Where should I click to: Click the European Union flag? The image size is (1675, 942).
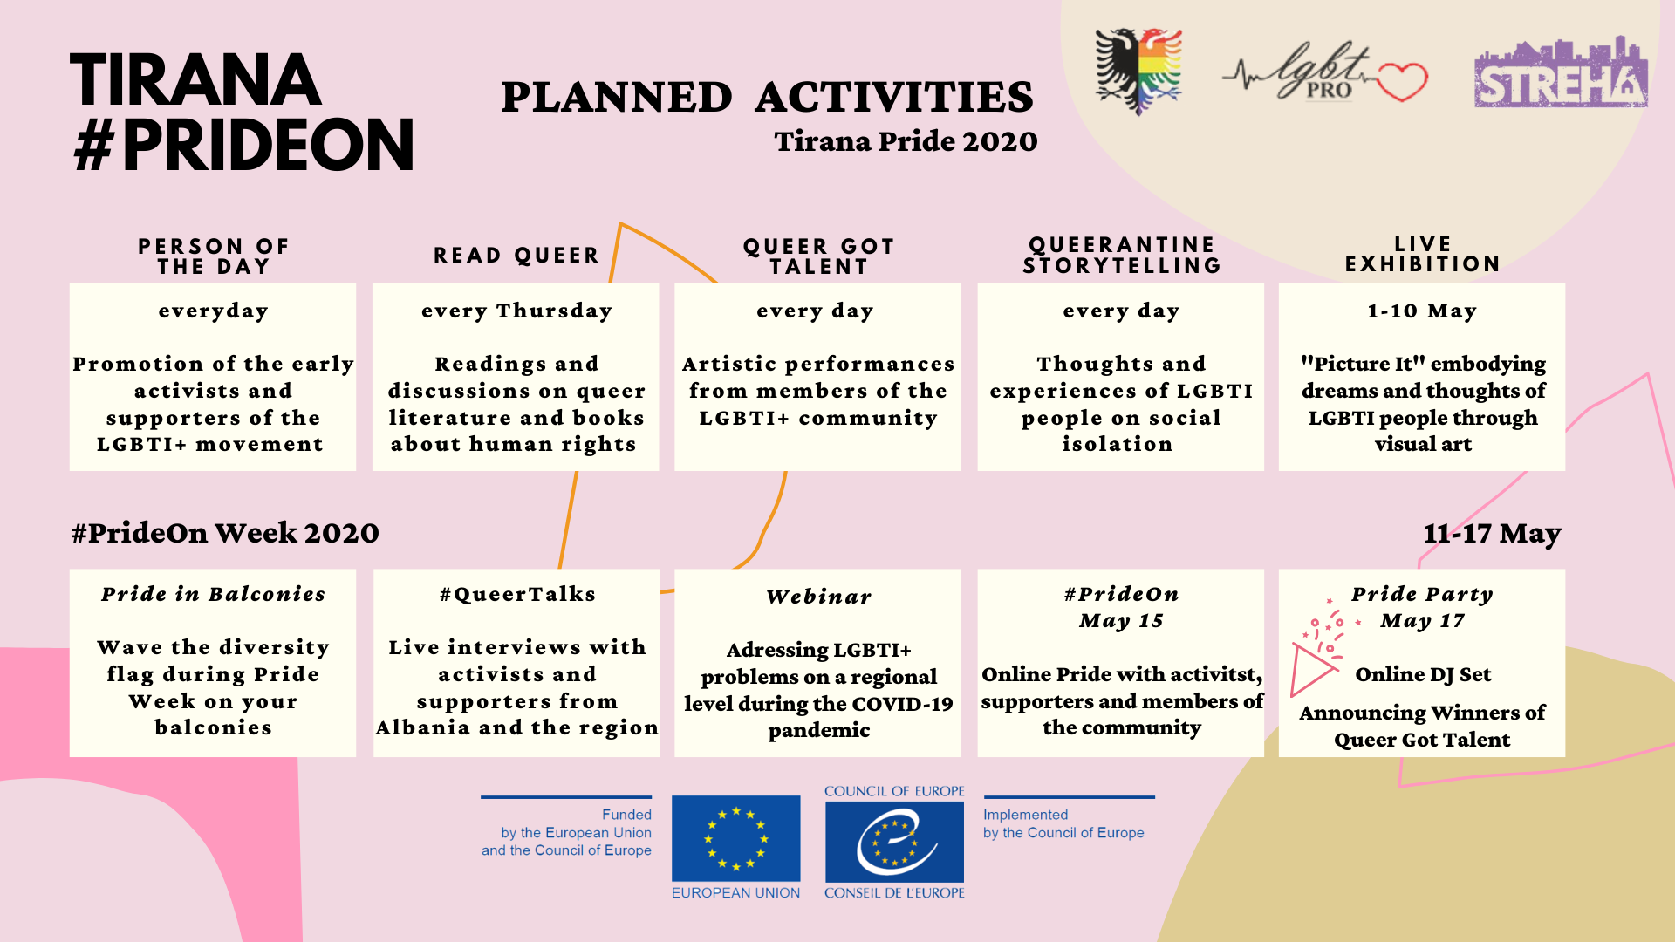click(x=735, y=838)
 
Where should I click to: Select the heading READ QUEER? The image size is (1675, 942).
click(x=516, y=256)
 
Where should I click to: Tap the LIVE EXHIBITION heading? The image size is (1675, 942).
click(x=1422, y=254)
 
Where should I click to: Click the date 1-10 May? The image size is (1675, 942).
click(x=1422, y=311)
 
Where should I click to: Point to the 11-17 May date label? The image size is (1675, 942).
click(x=1492, y=533)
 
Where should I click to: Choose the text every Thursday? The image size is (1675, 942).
click(x=516, y=311)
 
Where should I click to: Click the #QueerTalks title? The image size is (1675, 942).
click(x=517, y=594)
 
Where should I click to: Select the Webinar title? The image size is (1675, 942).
click(x=818, y=597)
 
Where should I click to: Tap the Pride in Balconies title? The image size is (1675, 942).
click(x=213, y=594)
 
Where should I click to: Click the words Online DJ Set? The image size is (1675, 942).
click(x=1423, y=674)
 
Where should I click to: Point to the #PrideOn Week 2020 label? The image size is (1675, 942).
click(x=225, y=533)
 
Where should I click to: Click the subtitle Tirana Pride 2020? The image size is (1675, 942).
click(x=906, y=141)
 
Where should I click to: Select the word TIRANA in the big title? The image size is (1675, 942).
click(x=195, y=80)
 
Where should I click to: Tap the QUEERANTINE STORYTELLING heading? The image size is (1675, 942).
click(x=1121, y=255)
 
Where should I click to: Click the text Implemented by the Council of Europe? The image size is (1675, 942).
click(x=1063, y=823)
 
